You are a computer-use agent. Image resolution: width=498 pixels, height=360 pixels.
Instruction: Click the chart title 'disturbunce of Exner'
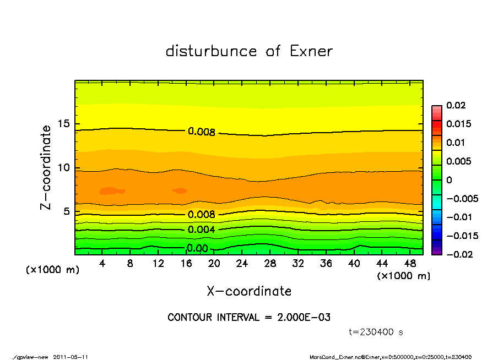[x=249, y=52]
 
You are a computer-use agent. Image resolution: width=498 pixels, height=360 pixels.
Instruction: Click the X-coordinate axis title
[x=249, y=291]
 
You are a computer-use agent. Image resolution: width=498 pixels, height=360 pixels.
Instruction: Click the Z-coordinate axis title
[x=46, y=167]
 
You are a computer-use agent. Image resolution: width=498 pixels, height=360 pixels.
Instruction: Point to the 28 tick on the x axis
[x=270, y=263]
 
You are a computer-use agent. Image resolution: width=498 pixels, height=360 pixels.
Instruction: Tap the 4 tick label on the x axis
[x=102, y=263]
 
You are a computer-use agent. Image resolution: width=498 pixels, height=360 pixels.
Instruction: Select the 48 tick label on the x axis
[x=410, y=263]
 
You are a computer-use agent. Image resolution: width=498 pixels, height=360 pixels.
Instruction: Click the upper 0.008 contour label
[x=201, y=132]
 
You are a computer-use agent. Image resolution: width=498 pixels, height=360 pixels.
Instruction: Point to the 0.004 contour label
[x=201, y=230]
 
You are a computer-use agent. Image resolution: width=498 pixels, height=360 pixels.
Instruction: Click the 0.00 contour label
[x=197, y=248]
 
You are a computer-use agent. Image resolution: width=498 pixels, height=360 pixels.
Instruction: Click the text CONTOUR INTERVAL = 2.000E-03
[x=249, y=318]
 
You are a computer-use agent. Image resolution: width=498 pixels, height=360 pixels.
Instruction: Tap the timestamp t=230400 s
[x=377, y=332]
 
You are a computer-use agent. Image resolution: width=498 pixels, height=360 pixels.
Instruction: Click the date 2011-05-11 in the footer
[x=71, y=357]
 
